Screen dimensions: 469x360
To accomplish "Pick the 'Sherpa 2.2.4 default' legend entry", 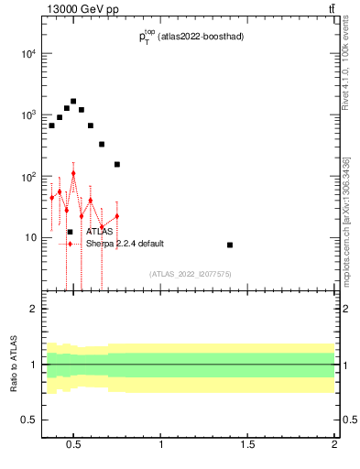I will [x=126, y=244].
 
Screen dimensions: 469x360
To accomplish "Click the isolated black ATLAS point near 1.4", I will [x=230, y=245].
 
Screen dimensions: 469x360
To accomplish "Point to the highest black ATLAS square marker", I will [x=73, y=102].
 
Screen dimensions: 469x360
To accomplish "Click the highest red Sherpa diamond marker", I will [x=73, y=173].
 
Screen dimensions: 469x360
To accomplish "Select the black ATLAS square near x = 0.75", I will [x=117, y=164].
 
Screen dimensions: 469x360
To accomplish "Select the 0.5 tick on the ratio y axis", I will [x=28, y=420].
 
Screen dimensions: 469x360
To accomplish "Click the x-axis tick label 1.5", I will [x=247, y=446].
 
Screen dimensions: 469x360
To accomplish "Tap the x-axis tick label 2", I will [x=334, y=446].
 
